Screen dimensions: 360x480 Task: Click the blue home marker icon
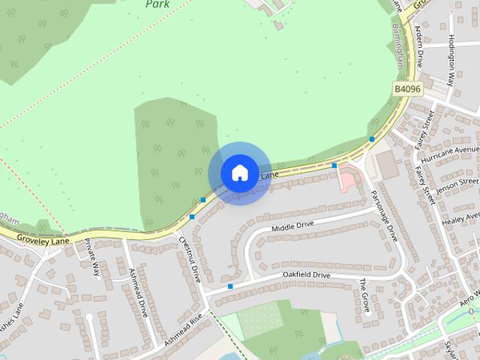coord(239,172)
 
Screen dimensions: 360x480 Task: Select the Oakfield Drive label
coord(306,275)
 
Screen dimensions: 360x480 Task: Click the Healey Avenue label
coord(460,218)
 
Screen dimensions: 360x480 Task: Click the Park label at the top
coord(157,4)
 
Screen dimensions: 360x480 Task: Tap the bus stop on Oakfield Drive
coord(230,286)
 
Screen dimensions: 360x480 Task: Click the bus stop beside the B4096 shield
coord(372,139)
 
